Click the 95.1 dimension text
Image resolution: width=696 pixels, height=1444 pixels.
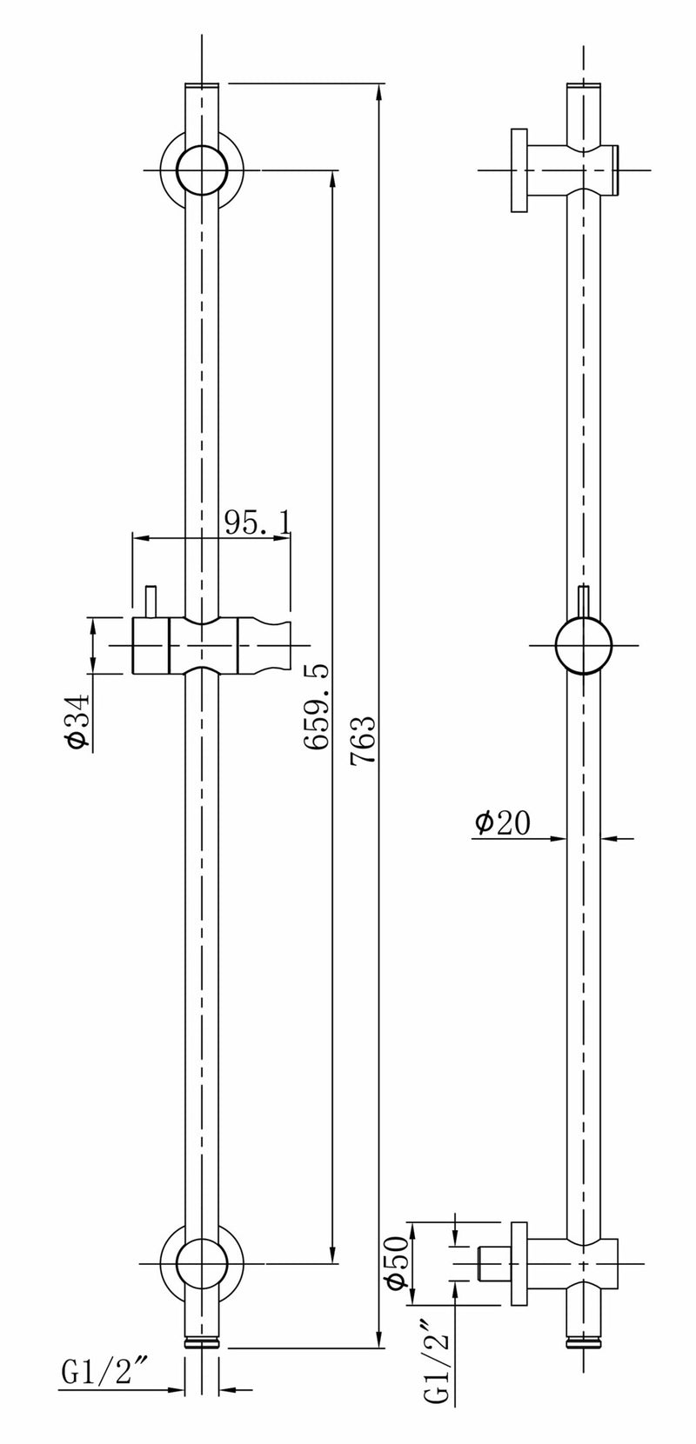click(258, 522)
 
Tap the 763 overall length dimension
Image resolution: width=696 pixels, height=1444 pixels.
click(363, 739)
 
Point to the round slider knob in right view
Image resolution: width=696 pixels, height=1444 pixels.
click(583, 647)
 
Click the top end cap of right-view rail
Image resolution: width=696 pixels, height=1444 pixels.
click(583, 87)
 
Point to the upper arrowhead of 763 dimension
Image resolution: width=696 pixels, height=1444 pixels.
click(379, 91)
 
